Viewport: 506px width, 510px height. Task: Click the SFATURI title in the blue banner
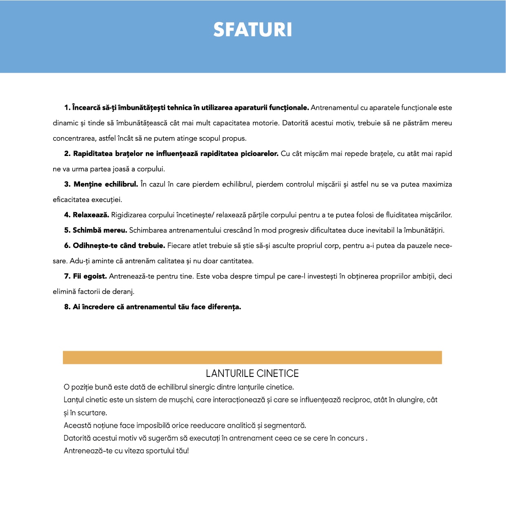[x=252, y=30]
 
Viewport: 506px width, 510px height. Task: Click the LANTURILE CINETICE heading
[x=252, y=373]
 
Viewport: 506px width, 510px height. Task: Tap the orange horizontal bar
[x=252, y=357]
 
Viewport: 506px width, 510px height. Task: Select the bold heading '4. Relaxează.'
[x=87, y=215]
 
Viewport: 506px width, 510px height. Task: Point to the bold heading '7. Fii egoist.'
[x=85, y=276]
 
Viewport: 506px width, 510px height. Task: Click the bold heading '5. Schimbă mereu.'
[x=96, y=230]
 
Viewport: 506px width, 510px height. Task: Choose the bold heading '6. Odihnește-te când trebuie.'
[x=114, y=246]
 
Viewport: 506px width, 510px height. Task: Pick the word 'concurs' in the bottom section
[x=350, y=438]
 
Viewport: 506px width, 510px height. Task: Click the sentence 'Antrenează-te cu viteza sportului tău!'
[x=126, y=451]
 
